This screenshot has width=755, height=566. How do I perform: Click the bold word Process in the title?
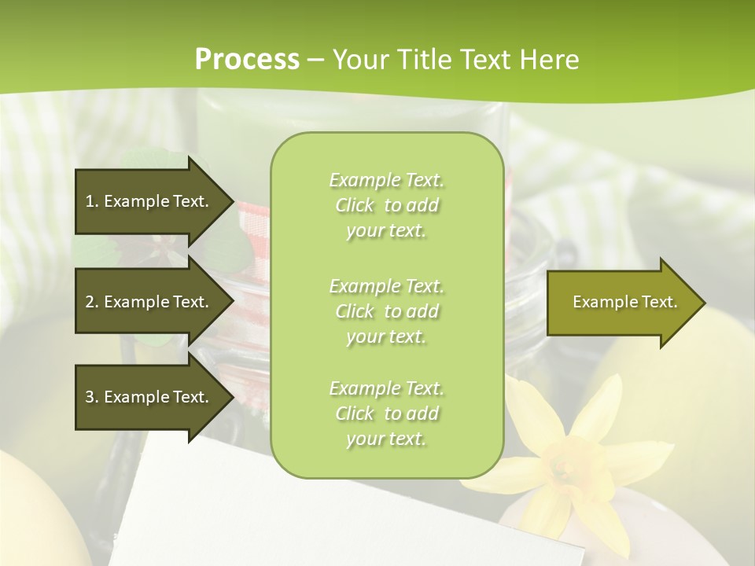point(247,60)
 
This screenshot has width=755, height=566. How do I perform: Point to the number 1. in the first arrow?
point(91,201)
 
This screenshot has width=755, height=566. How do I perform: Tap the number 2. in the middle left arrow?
point(91,302)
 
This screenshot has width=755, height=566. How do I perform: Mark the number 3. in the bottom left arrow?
point(91,397)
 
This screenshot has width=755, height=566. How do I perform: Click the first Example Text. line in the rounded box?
point(386,180)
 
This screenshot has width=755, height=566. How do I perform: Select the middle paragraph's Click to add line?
point(386,311)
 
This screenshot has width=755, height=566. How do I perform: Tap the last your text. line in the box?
point(386,439)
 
